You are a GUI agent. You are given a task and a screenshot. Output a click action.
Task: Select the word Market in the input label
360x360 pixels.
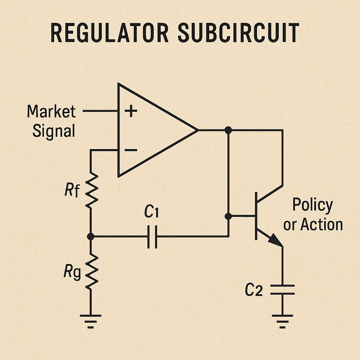[51, 112]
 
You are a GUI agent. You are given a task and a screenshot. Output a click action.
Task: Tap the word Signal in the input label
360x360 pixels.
[54, 131]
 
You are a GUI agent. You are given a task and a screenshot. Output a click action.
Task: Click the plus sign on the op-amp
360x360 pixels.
[131, 111]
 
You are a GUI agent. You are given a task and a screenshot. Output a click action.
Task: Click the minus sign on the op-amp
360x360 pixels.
[131, 150]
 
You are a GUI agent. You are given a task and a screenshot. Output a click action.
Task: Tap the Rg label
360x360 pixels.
[72, 273]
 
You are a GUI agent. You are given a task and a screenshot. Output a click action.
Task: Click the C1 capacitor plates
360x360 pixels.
[152, 237]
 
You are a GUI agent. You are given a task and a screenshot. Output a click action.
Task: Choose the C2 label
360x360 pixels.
[253, 290]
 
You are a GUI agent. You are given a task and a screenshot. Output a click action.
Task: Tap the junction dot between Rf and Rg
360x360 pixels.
[91, 237]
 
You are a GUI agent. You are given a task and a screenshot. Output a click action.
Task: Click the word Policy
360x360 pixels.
[313, 205]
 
